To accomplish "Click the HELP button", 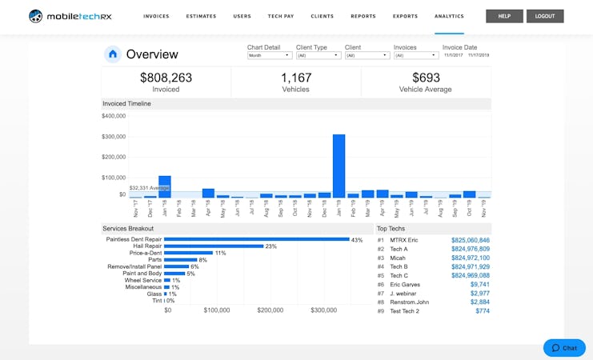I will (x=504, y=16).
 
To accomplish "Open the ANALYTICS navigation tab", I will (x=449, y=16).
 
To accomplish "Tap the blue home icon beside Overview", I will (x=113, y=54).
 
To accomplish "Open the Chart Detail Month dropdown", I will (x=269, y=55).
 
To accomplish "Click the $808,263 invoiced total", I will (x=166, y=78).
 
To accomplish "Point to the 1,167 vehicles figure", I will (x=295, y=78).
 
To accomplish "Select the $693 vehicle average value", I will (x=426, y=78).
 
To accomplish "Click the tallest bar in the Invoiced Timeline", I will (x=339, y=166).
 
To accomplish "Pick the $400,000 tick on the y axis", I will (x=114, y=116).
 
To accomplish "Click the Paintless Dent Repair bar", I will (x=256, y=239).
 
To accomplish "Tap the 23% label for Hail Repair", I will (x=270, y=246).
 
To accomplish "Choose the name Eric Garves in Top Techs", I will (x=406, y=284).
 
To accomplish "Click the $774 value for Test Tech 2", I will (x=482, y=310).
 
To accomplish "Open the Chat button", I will (x=564, y=348).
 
